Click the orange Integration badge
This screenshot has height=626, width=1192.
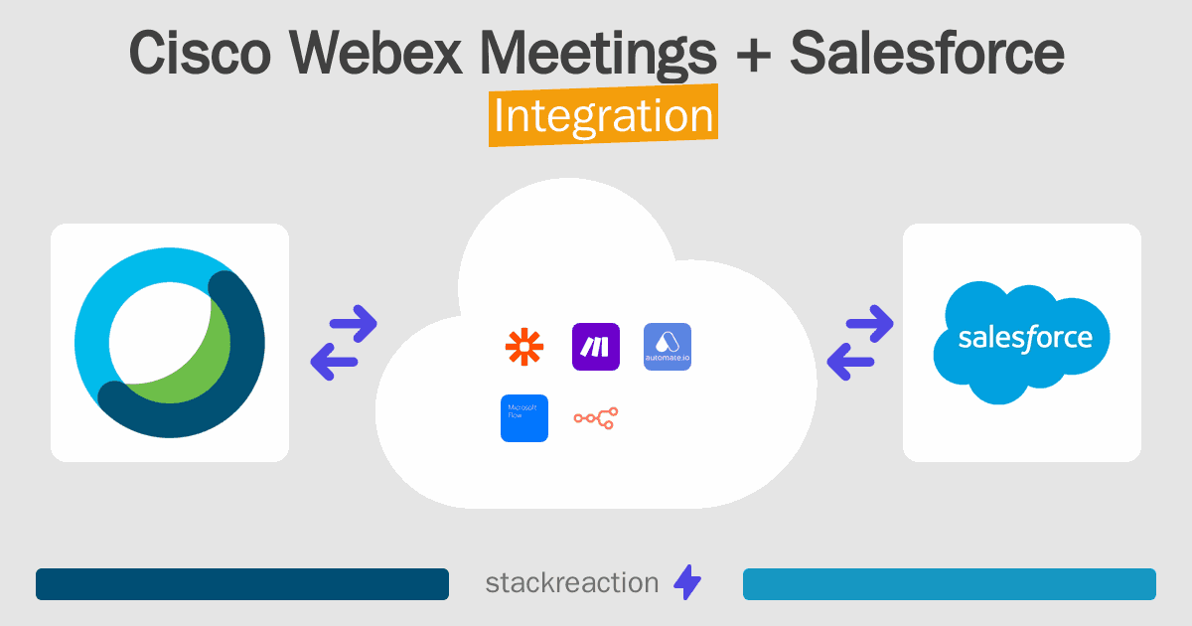(603, 117)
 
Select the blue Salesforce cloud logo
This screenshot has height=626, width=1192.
(1022, 341)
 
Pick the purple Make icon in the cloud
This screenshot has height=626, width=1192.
(596, 347)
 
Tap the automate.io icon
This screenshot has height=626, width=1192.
(668, 347)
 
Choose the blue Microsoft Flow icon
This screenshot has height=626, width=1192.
(523, 418)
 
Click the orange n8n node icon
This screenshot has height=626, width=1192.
(596, 418)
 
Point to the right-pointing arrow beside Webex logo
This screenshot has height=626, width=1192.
(353, 322)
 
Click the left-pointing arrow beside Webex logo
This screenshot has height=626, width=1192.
(336, 361)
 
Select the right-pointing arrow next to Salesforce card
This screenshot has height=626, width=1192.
(869, 322)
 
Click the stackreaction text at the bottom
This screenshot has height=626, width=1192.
(571, 583)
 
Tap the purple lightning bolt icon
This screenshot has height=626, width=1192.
(687, 583)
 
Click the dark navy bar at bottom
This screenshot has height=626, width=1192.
(242, 584)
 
